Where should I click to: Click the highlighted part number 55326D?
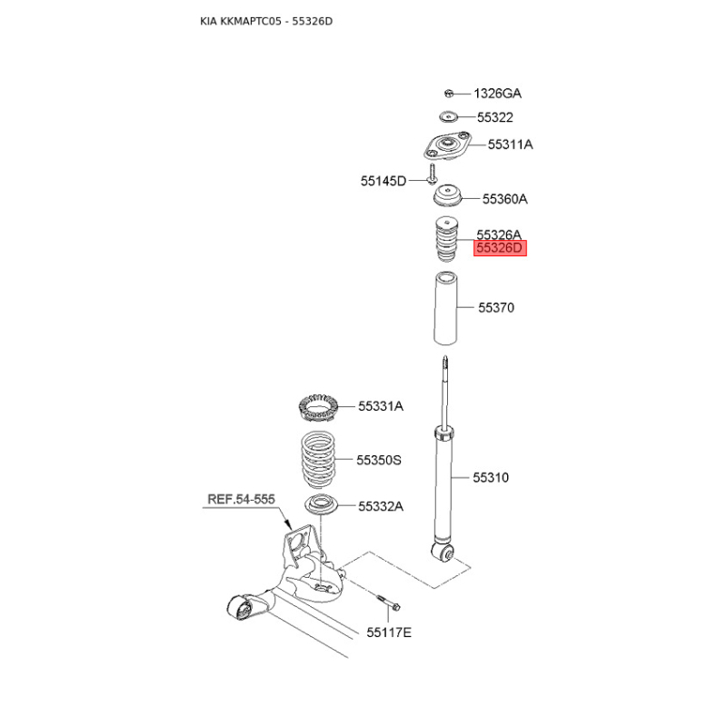500,248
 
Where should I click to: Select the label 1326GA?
497,94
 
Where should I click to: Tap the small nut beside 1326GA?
448,94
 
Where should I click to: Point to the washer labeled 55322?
448,116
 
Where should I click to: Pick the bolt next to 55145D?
433,173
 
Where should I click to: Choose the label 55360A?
505,199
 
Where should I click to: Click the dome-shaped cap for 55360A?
447,195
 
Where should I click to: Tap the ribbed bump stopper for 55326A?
446,239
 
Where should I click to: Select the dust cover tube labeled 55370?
445,309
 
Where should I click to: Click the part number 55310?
491,478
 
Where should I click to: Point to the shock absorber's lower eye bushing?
443,553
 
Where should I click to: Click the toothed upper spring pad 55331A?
317,407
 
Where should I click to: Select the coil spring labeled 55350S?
318,461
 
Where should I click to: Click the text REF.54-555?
241,499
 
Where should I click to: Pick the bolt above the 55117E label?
388,603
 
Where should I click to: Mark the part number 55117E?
389,632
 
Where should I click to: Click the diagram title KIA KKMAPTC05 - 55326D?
266,21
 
